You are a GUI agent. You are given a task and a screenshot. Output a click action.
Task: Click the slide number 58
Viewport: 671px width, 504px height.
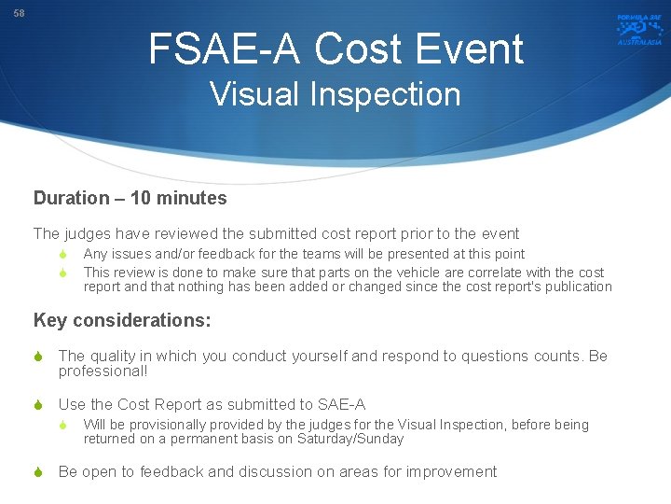(20, 12)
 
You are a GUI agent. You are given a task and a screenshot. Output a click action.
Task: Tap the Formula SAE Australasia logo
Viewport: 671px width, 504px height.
(638, 29)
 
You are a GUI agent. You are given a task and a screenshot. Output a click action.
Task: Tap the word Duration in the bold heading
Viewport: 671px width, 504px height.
(72, 198)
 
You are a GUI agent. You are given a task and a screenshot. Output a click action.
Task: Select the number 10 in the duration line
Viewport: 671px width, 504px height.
(140, 198)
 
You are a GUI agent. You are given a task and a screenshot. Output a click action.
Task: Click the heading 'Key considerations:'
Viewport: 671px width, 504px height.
(122, 320)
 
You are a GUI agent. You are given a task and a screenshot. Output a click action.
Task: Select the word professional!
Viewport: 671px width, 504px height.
(103, 371)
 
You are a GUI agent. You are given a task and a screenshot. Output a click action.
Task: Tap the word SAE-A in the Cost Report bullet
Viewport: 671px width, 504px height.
(343, 404)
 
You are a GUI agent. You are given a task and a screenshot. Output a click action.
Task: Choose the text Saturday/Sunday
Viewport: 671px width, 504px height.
(350, 439)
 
